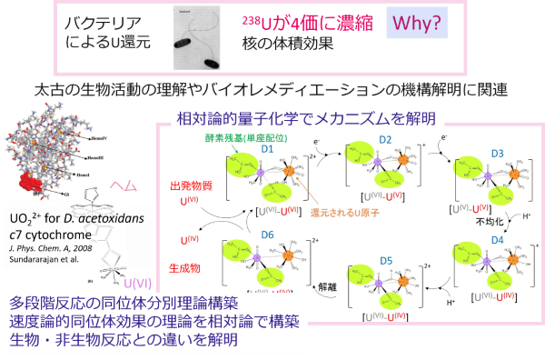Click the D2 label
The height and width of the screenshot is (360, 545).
(x=384, y=139)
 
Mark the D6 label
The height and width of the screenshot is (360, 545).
(x=268, y=236)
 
